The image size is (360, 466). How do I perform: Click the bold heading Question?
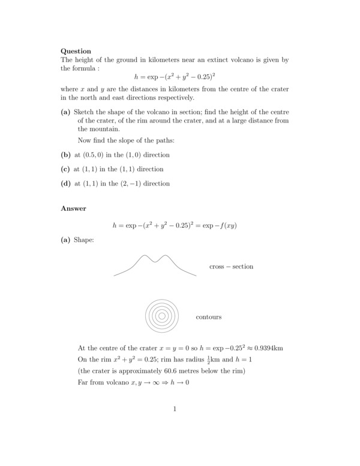[76, 51]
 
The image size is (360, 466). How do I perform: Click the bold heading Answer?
[73, 208]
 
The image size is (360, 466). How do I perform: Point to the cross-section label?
[231, 267]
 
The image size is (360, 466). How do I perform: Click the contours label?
[208, 316]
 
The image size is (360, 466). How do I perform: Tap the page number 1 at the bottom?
[175, 410]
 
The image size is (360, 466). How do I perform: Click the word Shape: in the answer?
[83, 240]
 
